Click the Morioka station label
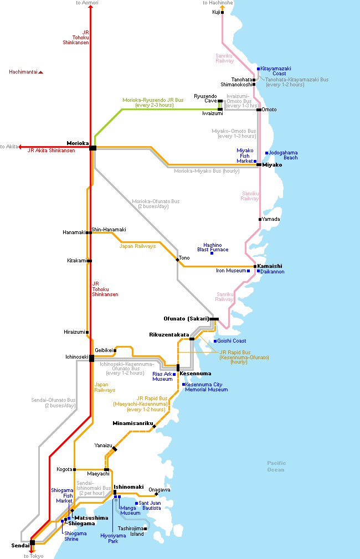tap(78, 143)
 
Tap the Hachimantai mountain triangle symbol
tap(40, 73)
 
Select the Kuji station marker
tap(222, 13)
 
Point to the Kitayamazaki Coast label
tap(276, 71)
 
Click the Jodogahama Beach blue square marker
tap(266, 153)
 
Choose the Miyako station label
tap(272, 165)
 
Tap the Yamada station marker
tap(260, 219)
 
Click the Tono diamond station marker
tap(177, 260)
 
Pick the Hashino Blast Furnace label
tap(213, 247)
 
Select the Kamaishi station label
tap(270, 266)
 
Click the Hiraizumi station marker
tap(87, 332)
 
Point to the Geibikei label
tap(104, 350)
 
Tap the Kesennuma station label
tap(196, 374)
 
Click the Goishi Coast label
tap(232, 341)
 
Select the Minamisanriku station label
tap(133, 423)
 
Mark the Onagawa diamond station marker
tap(156, 494)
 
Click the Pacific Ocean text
tap(276, 467)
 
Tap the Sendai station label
tap(20, 546)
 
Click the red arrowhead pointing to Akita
tap(20, 147)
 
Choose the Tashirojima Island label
tap(131, 531)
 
